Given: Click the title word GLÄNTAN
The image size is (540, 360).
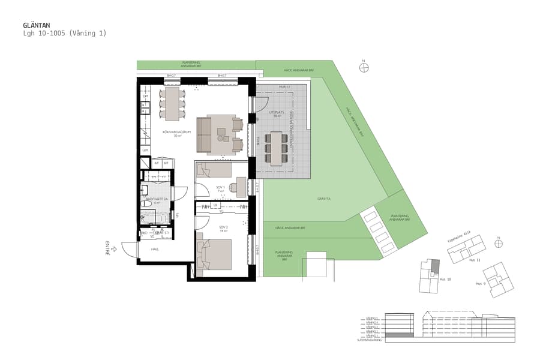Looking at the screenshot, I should (x=36, y=25).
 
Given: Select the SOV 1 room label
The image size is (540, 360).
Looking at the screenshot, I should (x=220, y=187).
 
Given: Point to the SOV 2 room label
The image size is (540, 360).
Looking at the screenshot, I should (x=223, y=227).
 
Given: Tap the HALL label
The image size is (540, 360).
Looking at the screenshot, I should (x=155, y=249).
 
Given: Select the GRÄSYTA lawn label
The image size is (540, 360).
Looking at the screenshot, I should (x=325, y=199).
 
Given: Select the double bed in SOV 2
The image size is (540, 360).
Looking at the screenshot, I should (x=216, y=254).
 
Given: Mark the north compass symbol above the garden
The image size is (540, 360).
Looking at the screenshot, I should (x=364, y=68).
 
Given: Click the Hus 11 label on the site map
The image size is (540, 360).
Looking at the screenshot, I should (x=475, y=260).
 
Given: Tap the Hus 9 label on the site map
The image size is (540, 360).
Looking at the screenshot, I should (x=480, y=283).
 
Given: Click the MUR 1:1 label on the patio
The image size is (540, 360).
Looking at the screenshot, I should (x=284, y=87).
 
